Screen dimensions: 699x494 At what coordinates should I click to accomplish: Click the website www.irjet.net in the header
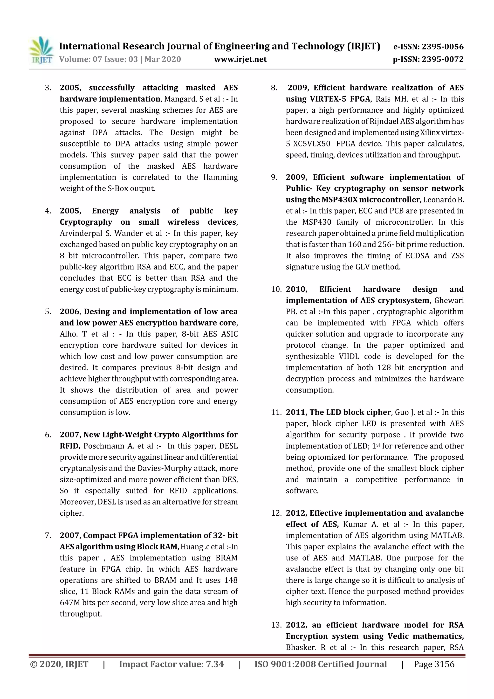tap(240, 59)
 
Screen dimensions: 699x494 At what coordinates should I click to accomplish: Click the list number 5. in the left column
tap(48, 311)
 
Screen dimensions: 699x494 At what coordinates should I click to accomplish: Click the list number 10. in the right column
tap(276, 289)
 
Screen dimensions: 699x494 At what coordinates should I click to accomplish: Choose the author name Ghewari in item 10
tap(449, 300)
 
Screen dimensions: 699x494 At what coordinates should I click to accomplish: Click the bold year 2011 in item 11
tap(295, 412)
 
